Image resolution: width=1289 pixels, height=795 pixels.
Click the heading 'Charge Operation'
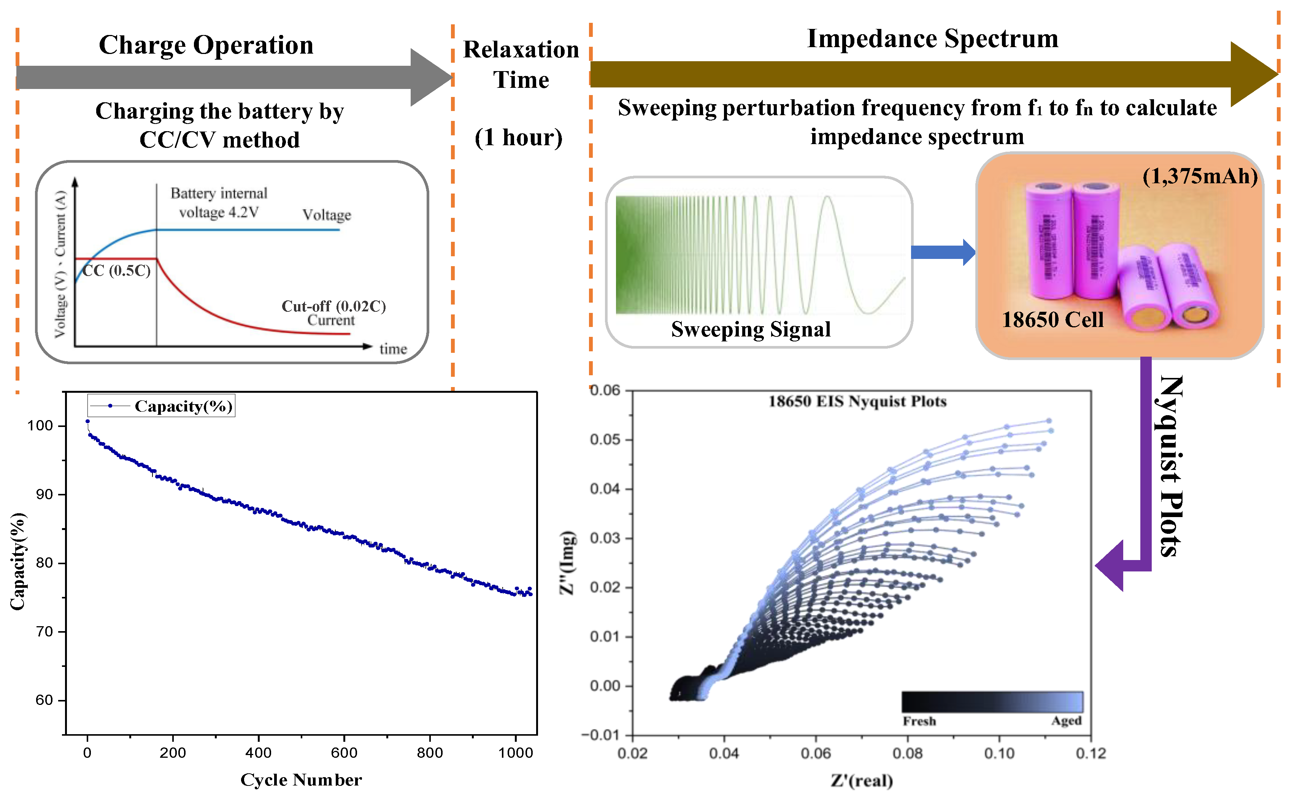point(206,45)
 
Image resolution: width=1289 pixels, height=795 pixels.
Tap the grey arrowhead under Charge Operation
point(430,77)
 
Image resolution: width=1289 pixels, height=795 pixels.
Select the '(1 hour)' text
point(518,137)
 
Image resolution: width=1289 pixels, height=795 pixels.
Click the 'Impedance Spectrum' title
point(932,38)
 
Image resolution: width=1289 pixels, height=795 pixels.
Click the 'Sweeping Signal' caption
point(751,330)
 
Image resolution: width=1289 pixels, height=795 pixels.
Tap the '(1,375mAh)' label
point(1200,176)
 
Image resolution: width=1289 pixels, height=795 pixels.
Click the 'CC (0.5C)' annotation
point(116,270)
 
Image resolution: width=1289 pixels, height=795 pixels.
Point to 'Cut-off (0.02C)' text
point(333,306)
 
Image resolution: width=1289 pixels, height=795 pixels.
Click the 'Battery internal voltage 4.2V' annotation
point(219,202)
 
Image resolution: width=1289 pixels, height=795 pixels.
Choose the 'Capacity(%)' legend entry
point(183,406)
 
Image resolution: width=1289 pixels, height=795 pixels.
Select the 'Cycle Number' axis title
point(301,780)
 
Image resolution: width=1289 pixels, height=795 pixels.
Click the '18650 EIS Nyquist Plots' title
point(857,402)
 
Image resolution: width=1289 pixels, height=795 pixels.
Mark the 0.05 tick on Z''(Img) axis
point(604,439)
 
